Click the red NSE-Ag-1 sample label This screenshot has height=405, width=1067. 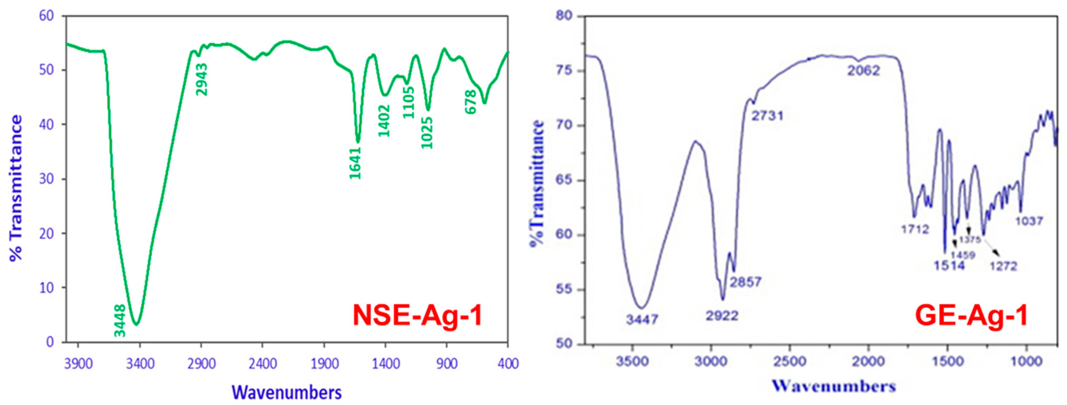418,316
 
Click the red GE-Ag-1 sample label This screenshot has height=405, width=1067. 971,316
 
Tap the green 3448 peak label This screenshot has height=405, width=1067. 120,320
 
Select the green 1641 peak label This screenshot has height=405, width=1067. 355,163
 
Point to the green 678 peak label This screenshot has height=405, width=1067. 471,102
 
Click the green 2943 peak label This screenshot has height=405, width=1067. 202,79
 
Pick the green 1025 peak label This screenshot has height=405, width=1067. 427,133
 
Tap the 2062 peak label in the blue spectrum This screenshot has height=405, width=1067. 863,71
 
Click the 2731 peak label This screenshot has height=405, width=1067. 767,116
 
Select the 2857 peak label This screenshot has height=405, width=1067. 745,282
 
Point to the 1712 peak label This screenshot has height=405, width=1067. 915,229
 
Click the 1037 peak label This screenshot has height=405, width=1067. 1029,221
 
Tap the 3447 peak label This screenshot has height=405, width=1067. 642,319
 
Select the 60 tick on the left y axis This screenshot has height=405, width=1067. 46,16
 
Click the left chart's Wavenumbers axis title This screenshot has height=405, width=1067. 287,392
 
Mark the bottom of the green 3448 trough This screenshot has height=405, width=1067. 136,324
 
